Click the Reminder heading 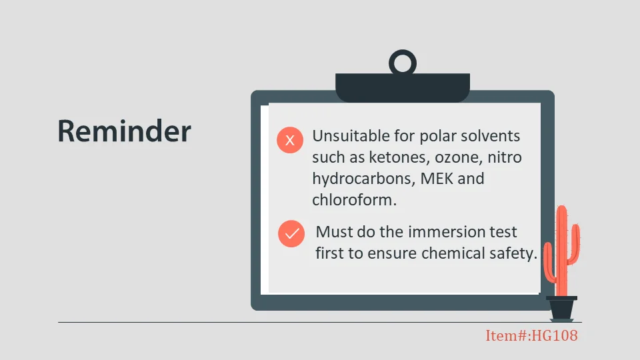coord(124,131)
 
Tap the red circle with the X coord(290,140)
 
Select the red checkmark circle coord(291,233)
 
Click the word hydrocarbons coord(363,179)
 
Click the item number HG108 coord(554,335)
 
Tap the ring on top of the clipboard coord(403,52)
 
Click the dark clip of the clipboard coord(403,88)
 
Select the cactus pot coord(561,309)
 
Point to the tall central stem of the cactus coord(562,251)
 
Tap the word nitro coord(505,157)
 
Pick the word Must coord(334,232)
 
